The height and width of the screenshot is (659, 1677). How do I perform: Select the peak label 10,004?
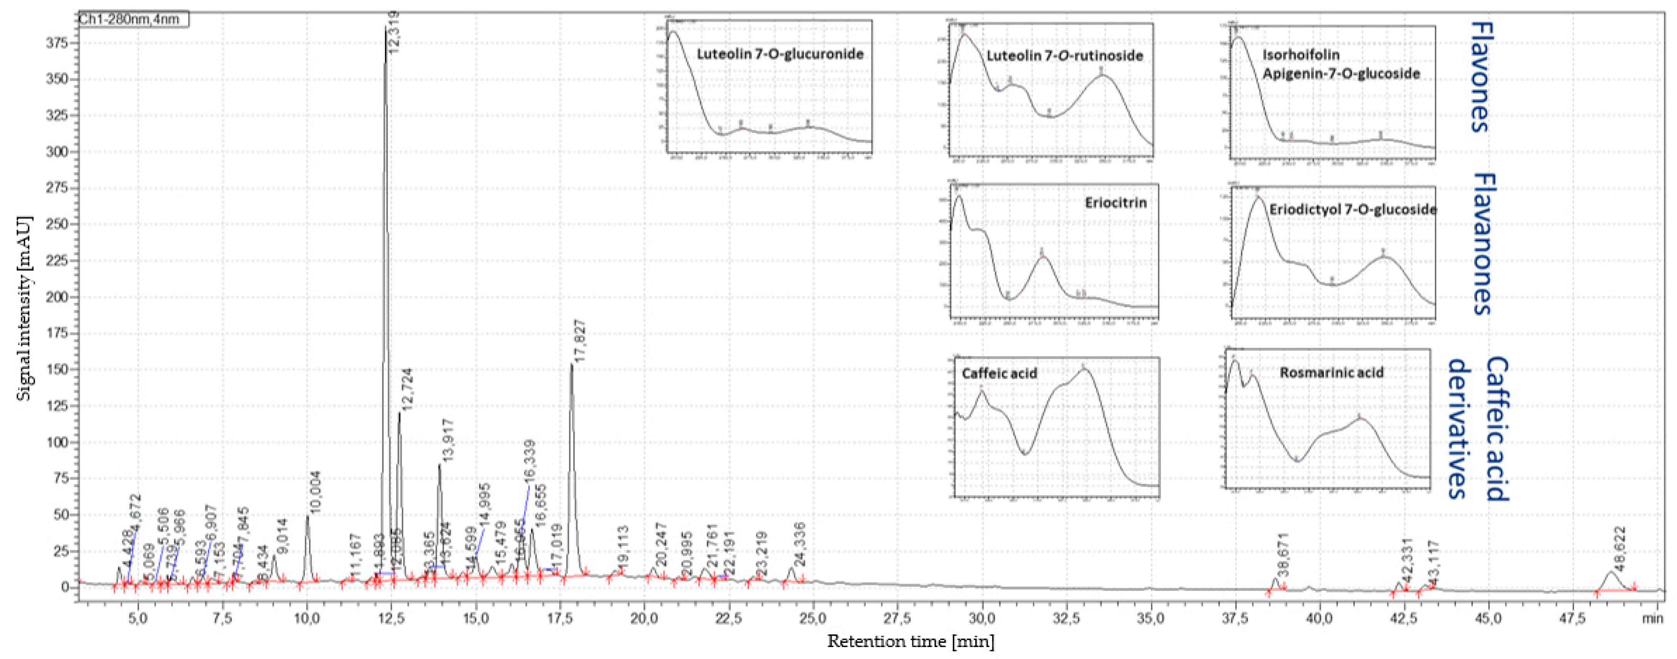pyautogui.click(x=315, y=493)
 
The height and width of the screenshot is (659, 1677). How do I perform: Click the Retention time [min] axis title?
pyautogui.click(x=910, y=641)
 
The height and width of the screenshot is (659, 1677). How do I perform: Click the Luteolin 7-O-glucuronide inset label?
pyautogui.click(x=780, y=54)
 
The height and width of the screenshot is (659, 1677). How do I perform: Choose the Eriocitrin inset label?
pyautogui.click(x=1115, y=202)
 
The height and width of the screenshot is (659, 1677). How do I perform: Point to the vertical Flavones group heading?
pyautogui.click(x=1479, y=77)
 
